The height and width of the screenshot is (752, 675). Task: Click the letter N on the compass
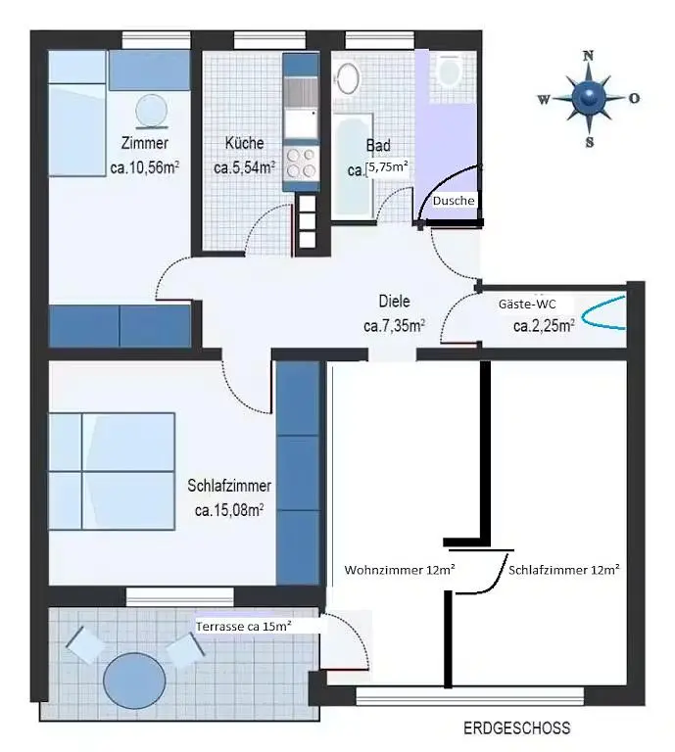tap(588, 56)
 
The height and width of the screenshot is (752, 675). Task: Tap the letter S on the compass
tap(590, 142)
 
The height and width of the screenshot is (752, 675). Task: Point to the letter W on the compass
tap(544, 99)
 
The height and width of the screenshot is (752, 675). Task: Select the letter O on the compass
tap(634, 98)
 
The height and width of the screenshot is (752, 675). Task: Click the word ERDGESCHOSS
tap(516, 728)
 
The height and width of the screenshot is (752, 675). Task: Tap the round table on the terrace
tap(134, 681)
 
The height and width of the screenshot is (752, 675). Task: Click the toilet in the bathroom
tap(450, 70)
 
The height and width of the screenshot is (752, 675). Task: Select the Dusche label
tap(454, 201)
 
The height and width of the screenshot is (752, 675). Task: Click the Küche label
tap(244, 143)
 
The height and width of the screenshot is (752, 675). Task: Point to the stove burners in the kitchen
tap(302, 164)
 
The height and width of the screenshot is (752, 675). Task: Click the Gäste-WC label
tap(527, 304)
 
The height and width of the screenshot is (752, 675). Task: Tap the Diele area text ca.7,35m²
tap(395, 326)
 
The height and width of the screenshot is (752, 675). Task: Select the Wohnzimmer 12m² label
tap(400, 570)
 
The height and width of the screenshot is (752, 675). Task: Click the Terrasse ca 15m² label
tap(244, 626)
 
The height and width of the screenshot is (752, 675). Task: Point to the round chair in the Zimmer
tap(151, 111)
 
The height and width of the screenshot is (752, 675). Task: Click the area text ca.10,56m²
tap(145, 167)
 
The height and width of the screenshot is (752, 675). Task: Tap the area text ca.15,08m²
tap(229, 510)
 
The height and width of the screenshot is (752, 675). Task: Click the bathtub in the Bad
tap(354, 166)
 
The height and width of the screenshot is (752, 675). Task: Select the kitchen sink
tap(301, 123)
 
